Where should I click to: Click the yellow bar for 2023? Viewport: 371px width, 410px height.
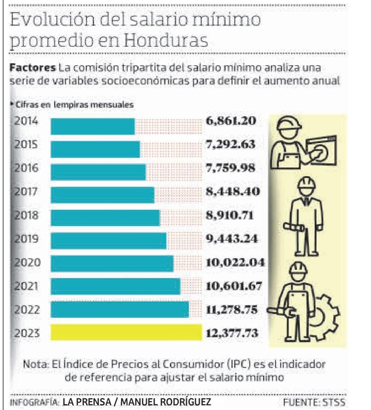pos(126,332)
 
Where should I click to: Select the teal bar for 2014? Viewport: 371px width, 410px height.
pos(92,126)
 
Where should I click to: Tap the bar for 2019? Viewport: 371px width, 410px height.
pos(108,241)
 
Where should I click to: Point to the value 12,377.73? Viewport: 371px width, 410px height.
pos(232,333)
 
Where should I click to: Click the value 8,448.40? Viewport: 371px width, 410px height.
pos(233,192)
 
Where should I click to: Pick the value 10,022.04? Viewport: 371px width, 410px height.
pos(235,262)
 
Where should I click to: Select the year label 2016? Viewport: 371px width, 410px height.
pos(26,168)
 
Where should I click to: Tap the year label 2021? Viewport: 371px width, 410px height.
pos(26,286)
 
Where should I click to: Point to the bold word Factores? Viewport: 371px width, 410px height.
pos(32,68)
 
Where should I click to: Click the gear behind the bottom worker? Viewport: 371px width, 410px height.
pos(326,314)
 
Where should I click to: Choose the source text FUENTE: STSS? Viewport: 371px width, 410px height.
pos(314,402)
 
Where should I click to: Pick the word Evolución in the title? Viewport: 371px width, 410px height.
pos(52,19)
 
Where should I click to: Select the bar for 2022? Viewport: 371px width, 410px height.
pos(120,309)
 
